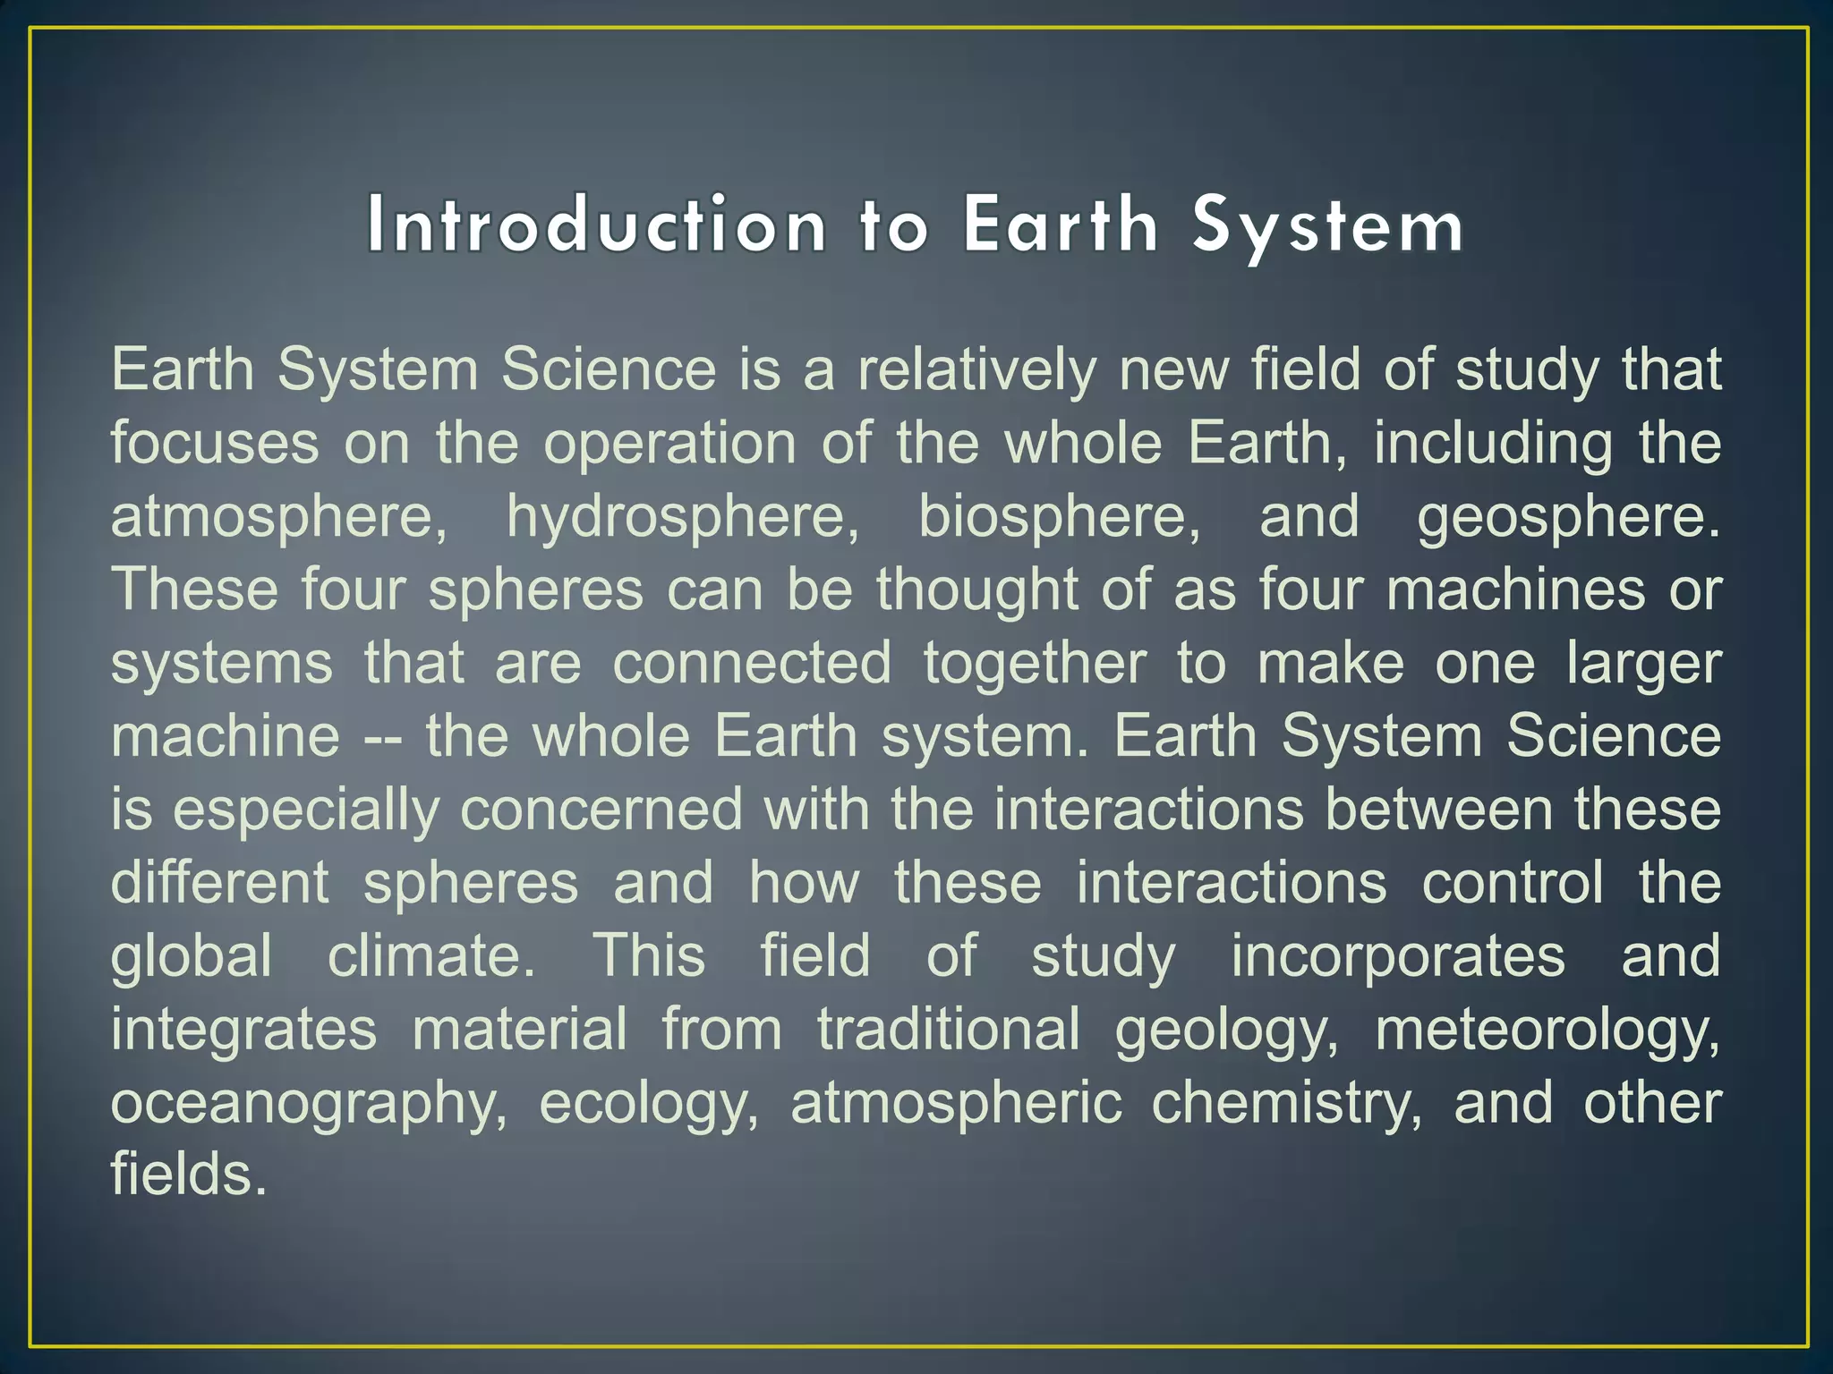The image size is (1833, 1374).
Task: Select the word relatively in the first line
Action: click(976, 369)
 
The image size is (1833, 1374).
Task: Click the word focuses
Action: click(215, 443)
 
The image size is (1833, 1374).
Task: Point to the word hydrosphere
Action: click(683, 516)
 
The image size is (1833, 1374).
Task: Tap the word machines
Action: click(1516, 589)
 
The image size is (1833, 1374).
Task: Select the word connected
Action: click(752, 663)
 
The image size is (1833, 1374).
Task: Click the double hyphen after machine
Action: click(382, 738)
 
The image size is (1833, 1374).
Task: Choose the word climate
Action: click(431, 955)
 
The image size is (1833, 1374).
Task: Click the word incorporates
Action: click(1398, 955)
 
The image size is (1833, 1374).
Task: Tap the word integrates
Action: click(243, 1029)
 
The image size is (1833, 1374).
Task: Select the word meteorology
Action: click(1547, 1029)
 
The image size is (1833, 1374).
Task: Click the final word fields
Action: click(189, 1175)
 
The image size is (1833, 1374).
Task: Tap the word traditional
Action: click(949, 1029)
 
